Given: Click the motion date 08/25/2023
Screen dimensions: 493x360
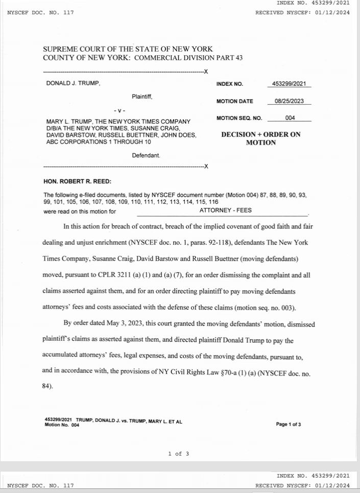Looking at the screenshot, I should (x=289, y=101).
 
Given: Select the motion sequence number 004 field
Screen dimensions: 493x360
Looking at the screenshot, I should (x=290, y=118).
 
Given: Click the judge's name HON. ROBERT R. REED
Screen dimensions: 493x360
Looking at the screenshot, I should (x=78, y=181).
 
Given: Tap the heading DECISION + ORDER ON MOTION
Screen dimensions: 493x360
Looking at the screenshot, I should (x=260, y=138).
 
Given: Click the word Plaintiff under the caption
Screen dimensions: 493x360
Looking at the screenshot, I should (x=142, y=96).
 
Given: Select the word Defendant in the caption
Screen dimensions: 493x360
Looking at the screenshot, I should (x=146, y=155).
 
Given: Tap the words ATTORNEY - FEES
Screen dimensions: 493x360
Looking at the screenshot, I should (x=225, y=210).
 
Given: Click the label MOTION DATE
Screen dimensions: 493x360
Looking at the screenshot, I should (x=235, y=101).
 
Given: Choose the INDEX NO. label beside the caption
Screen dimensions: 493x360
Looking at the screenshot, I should (x=230, y=84).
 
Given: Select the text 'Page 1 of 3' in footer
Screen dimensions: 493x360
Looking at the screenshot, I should (x=288, y=424).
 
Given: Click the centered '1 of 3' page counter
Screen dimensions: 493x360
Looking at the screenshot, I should (x=179, y=454).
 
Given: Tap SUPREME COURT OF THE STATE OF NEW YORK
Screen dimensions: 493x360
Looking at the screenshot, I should (x=128, y=49).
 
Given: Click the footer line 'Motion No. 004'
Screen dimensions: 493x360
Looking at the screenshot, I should (x=62, y=425).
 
